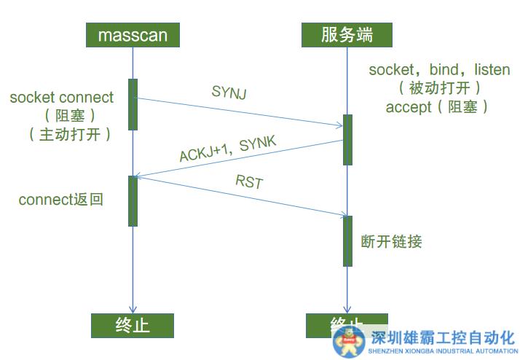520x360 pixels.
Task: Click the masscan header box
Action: coord(132,34)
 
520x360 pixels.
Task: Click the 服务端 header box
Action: coord(347,34)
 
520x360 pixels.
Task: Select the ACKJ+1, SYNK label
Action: coord(227,149)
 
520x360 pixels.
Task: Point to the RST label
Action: coord(248,181)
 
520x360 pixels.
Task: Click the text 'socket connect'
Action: coord(62,98)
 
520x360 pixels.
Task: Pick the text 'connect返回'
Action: coord(60,199)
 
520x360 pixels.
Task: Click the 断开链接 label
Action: coord(391,241)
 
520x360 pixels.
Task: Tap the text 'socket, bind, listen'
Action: coord(439,71)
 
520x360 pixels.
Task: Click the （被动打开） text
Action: coord(439,88)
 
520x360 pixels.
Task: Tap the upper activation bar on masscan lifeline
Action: coord(133,104)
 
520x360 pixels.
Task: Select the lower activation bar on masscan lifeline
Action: coord(133,200)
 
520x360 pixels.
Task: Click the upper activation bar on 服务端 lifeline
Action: coord(347,139)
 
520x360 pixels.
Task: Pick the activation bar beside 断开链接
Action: coord(347,240)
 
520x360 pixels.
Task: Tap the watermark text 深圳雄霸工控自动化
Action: coord(443,337)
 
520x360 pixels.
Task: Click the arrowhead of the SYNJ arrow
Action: coord(339,126)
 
